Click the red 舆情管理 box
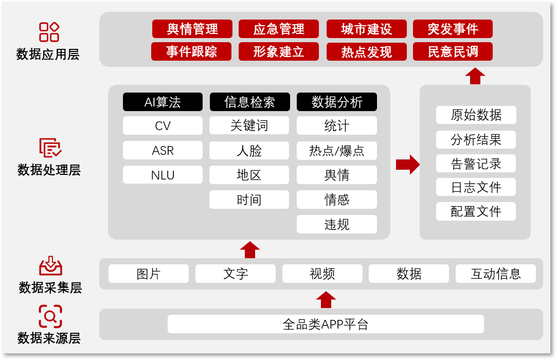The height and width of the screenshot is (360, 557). (192, 29)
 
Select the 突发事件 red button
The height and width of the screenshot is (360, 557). (453, 29)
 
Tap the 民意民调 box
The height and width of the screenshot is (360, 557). (453, 51)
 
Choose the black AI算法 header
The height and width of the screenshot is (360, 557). (163, 102)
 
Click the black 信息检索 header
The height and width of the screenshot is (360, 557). (250, 102)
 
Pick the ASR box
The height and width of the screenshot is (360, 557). (163, 150)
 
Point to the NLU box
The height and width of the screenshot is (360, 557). (163, 175)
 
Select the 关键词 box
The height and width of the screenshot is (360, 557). (249, 125)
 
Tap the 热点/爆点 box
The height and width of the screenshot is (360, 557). (337, 150)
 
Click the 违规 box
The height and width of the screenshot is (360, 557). (337, 224)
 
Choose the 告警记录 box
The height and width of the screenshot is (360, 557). (476, 164)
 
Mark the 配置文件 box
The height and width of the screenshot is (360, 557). (476, 211)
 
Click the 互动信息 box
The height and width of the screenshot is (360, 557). (496, 274)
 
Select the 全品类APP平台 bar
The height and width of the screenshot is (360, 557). (326, 324)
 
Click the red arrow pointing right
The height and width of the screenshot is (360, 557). (408, 165)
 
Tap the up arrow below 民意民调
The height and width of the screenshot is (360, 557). (475, 76)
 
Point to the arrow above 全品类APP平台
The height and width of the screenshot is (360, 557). (326, 300)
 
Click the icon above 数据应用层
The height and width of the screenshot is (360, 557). (49, 32)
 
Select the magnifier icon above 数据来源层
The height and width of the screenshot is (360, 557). (50, 316)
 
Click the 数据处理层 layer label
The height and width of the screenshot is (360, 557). (49, 170)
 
